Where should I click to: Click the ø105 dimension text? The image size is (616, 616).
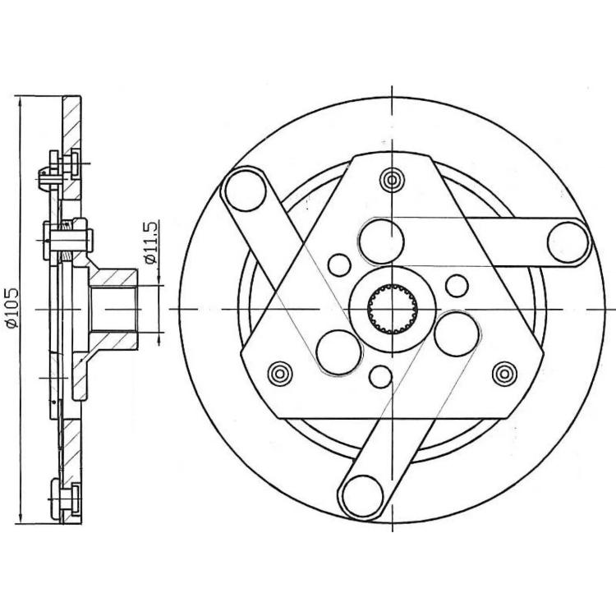(11, 308)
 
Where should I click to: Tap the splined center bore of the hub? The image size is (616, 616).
(392, 309)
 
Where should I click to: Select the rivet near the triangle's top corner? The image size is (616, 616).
(392, 181)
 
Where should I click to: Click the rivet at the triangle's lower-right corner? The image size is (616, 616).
(504, 374)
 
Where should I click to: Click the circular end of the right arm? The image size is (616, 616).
(568, 243)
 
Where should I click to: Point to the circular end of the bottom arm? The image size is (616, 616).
(362, 496)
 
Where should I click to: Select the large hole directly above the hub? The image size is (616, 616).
(381, 241)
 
